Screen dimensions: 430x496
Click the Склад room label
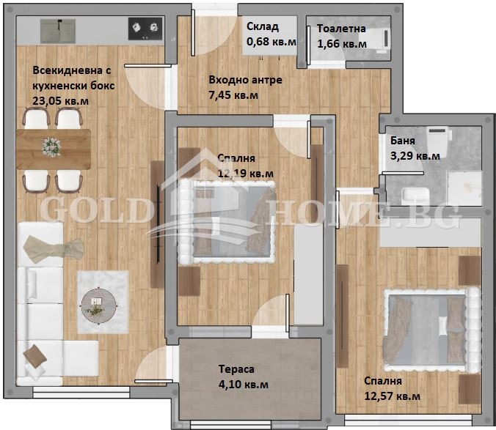(x=262, y=27)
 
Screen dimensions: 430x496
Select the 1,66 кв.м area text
(x=341, y=44)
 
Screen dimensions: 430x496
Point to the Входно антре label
(x=245, y=80)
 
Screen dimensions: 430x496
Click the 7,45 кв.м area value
(x=233, y=94)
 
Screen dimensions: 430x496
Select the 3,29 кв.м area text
(x=415, y=155)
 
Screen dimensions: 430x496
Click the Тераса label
(x=236, y=369)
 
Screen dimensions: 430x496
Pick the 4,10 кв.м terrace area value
(x=243, y=384)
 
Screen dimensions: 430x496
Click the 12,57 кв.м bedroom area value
(x=393, y=396)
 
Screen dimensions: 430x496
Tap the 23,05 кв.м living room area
(x=59, y=100)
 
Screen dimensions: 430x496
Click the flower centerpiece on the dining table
(x=51, y=146)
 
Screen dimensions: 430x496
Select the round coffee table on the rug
(x=97, y=303)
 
